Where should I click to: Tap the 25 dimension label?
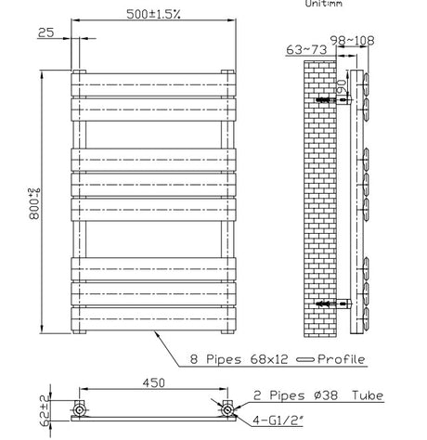45,34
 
